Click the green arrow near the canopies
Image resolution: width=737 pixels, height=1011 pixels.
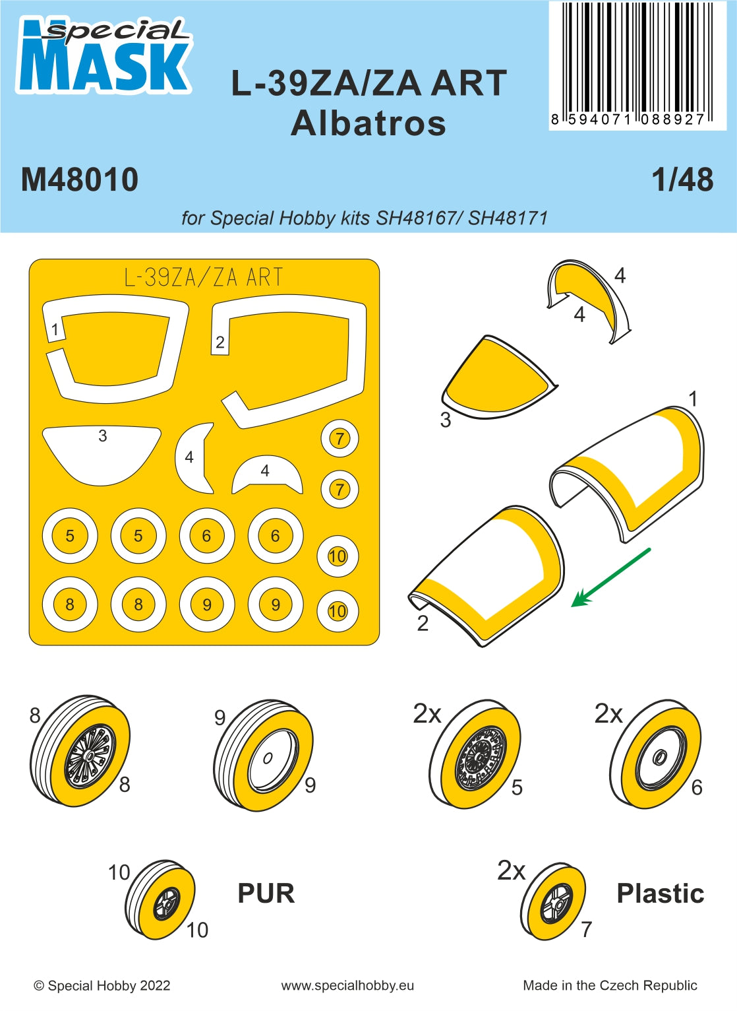(610, 577)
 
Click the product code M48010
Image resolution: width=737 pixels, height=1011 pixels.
(80, 180)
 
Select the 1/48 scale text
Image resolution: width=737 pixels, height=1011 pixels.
(682, 179)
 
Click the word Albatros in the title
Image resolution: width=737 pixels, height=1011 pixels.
(368, 123)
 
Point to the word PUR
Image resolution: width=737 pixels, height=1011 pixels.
(266, 894)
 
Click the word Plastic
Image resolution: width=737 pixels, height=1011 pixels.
(660, 894)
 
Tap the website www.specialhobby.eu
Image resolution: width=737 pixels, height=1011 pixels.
(347, 986)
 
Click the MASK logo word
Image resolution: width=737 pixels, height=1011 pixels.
(103, 66)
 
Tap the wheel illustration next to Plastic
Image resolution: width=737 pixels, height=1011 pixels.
(553, 901)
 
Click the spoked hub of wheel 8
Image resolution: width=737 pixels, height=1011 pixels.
(90, 754)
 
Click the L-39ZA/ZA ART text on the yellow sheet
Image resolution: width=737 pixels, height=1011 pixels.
(204, 278)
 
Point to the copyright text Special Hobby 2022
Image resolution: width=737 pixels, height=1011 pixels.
(102, 986)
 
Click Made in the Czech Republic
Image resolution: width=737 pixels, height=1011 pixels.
(610, 986)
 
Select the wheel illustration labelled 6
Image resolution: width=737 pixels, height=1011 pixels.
(656, 756)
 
